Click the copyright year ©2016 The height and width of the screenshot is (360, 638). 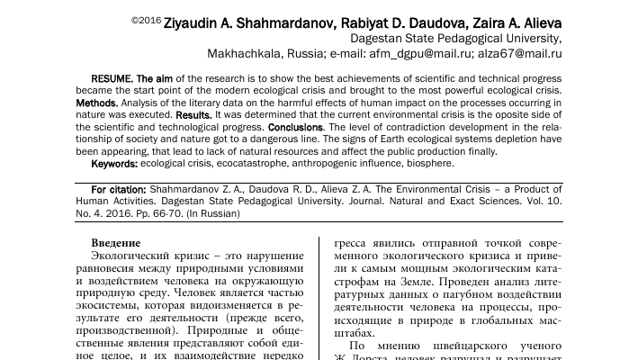tap(145, 19)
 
